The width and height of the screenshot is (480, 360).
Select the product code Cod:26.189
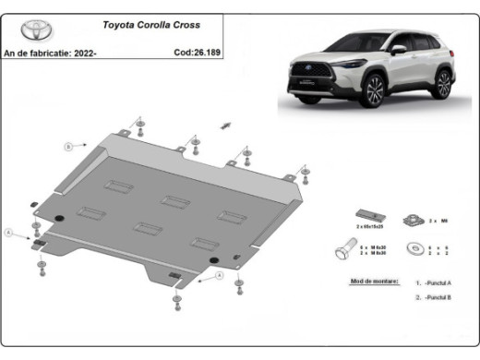pos(196,53)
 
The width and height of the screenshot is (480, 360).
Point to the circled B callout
pos(67,146)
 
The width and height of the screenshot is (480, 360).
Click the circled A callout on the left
pos(10,234)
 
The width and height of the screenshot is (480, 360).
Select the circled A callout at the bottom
pos(220,275)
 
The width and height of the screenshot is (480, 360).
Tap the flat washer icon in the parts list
pos(415,248)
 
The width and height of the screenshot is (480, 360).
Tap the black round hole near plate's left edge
pos(61,218)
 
